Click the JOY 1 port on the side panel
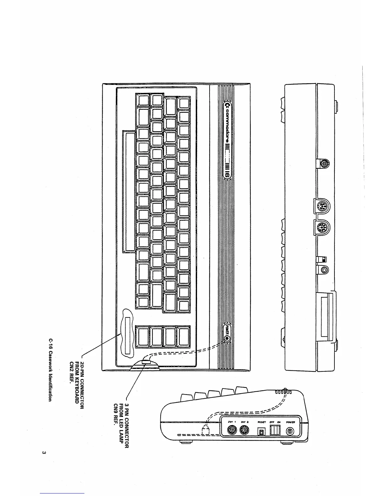[x=231, y=431]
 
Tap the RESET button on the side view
[x=261, y=432]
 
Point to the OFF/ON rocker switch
[x=275, y=429]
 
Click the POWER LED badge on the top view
[x=227, y=334]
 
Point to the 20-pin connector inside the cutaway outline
[x=128, y=335]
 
